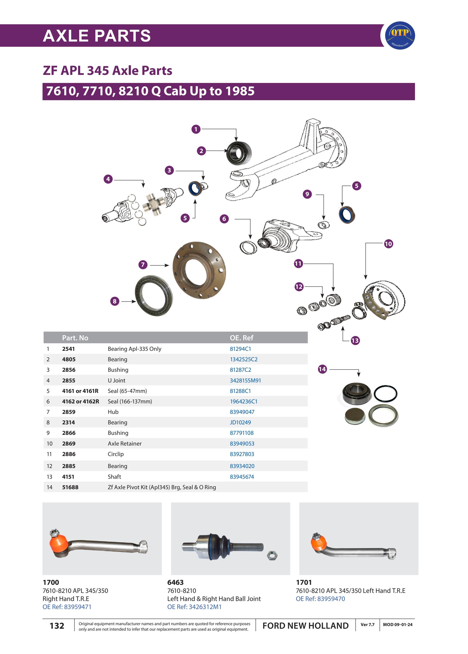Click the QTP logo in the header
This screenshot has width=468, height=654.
coord(400,35)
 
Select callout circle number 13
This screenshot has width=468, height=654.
coord(355,341)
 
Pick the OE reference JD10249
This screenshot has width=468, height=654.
coord(240,422)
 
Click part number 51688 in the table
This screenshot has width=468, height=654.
coord(70,487)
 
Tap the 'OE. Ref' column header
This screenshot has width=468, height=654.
coord(241,338)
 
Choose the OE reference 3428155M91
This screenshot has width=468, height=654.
coord(245,380)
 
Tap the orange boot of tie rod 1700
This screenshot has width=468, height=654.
coord(58,544)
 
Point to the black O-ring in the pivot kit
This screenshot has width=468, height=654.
coord(385,393)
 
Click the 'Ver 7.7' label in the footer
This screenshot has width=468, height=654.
coord(367,625)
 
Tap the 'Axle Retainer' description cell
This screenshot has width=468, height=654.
coord(125,444)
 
